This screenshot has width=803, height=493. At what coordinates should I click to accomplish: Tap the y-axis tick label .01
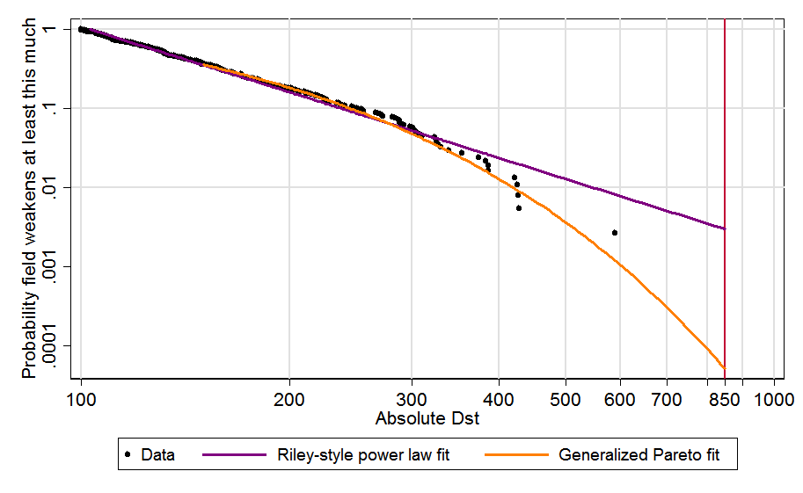[58, 187]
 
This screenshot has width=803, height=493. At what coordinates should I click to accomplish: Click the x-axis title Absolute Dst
[427, 418]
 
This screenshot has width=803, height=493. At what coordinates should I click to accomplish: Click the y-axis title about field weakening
[30, 200]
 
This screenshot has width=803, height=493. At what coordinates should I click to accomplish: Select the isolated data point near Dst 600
[615, 233]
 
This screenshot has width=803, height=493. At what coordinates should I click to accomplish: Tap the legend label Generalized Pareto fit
[645, 455]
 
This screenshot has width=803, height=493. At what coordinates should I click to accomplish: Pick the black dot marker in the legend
[128, 454]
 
